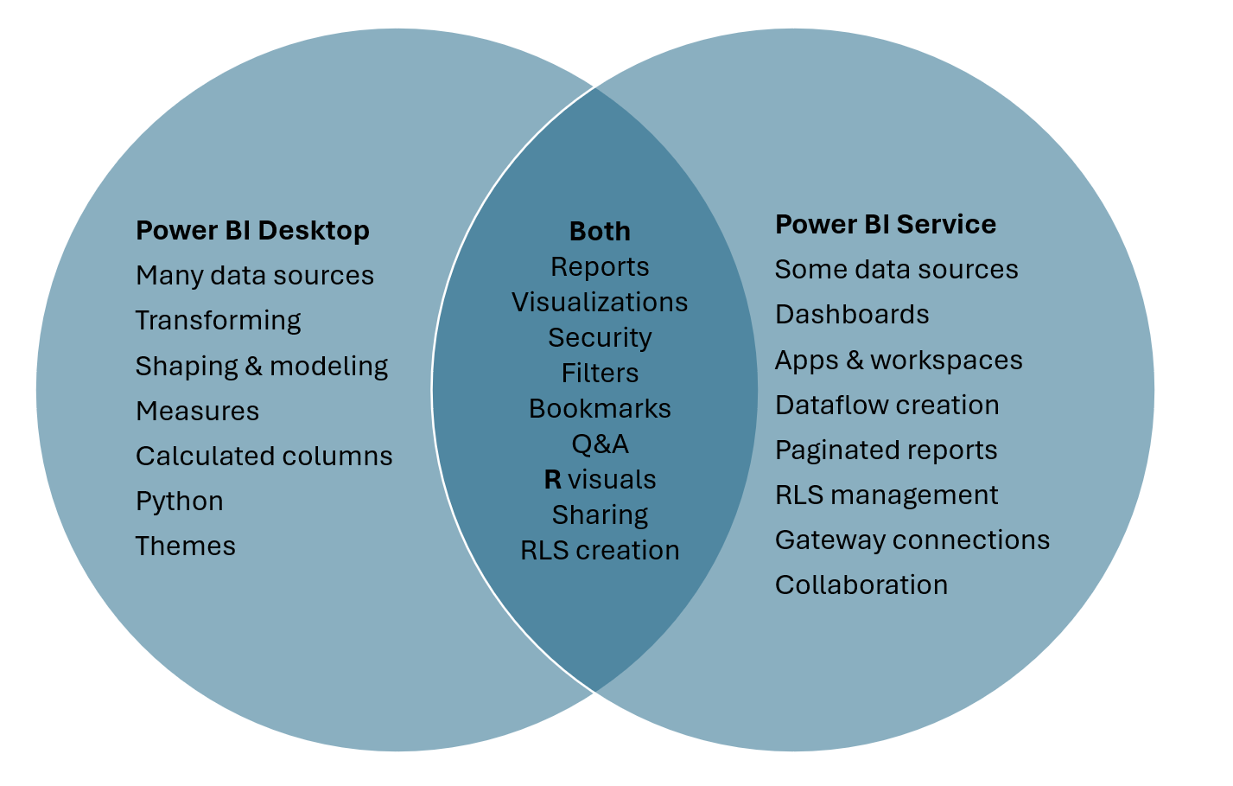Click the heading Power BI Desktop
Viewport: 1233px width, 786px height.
252,231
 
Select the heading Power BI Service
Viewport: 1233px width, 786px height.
885,225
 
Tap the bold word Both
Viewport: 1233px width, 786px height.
600,232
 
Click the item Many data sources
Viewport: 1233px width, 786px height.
254,276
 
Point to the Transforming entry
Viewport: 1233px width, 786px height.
218,321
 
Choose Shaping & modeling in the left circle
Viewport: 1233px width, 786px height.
261,366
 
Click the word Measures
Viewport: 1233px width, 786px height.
197,412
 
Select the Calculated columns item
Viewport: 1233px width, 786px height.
264,457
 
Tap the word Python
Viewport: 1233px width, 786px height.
179,502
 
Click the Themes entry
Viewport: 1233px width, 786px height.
185,546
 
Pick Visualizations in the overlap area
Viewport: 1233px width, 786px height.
600,303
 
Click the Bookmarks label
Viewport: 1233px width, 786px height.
600,409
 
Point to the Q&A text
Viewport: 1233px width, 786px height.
600,444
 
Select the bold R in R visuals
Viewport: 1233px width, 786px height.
553,480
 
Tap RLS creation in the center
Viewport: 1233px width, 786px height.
600,551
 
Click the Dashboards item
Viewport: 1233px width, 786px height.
851,315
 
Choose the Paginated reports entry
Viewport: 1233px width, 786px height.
886,451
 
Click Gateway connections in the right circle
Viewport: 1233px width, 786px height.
912,540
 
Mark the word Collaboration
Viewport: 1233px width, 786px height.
861,585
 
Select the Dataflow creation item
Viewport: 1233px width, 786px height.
887,406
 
